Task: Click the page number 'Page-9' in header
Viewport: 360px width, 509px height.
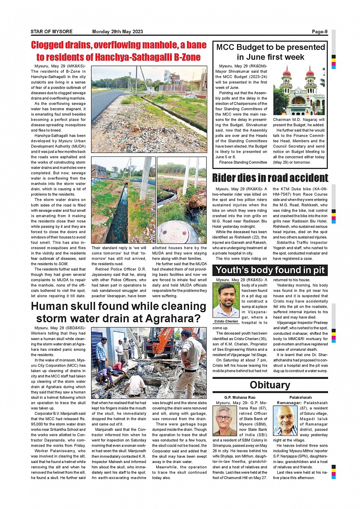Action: [x=319, y=32]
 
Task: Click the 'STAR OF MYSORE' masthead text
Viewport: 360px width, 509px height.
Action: [x=51, y=32]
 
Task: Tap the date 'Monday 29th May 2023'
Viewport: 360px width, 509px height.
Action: [x=117, y=32]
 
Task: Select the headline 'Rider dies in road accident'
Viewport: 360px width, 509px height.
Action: [x=270, y=178]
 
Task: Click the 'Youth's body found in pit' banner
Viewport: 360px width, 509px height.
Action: [x=270, y=270]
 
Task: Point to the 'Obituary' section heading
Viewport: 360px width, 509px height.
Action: [x=270, y=385]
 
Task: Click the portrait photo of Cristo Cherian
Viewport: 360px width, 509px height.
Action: [x=226, y=300]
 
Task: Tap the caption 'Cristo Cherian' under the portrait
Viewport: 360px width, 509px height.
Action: [x=226, y=321]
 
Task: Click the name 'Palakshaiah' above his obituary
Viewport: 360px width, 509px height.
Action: [x=300, y=397]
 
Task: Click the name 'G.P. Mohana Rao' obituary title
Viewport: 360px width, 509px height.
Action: [x=240, y=397]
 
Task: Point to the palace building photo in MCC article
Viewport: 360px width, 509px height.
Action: [x=299, y=91]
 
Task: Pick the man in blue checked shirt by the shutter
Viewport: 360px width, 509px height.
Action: [x=101, y=352]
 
